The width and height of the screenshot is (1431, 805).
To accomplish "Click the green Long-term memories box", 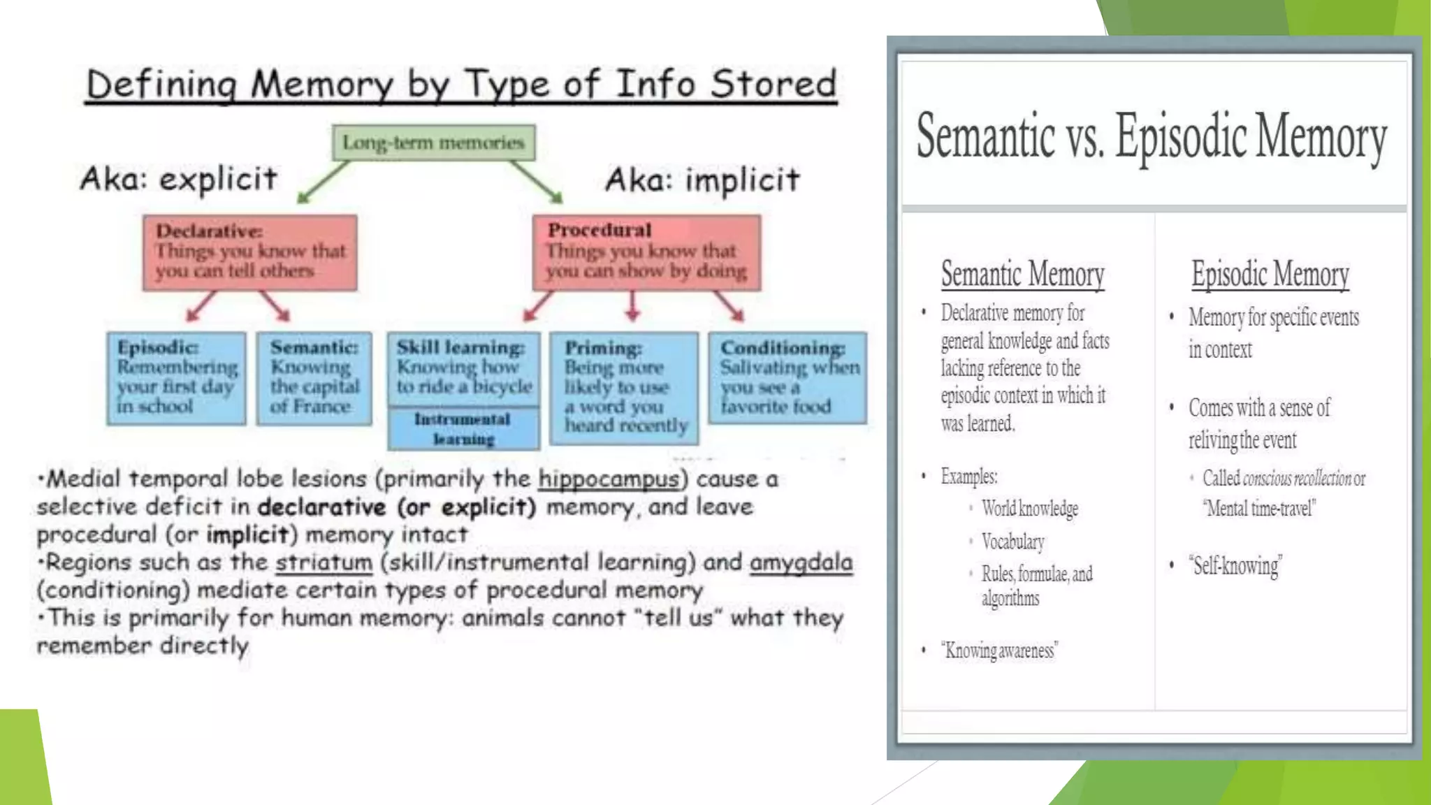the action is pos(433,143).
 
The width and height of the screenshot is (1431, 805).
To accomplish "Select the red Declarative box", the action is pos(249,252).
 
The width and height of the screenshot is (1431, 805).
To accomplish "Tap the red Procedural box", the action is pos(646,252).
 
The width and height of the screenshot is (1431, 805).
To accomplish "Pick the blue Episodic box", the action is pos(176,378).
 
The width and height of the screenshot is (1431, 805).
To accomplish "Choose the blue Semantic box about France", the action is pos(314,378).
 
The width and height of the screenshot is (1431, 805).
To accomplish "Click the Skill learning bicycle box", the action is pos(464,368).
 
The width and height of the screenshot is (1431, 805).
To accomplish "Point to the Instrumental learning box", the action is pos(463,429).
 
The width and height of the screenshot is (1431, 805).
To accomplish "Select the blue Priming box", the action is pos(624,388).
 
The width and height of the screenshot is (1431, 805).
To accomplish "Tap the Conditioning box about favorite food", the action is pos(787,378).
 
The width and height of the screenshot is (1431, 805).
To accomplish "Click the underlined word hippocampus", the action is pos(609,479).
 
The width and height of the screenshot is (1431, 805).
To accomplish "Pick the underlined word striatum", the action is pos(324,563).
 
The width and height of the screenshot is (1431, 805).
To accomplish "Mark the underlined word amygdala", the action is pos(801,563).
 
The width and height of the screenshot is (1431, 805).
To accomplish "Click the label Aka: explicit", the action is pos(179,179).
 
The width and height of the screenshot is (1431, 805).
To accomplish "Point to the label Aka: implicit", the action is pos(702,180).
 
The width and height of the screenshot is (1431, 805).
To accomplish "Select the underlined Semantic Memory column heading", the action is pos(1022,274).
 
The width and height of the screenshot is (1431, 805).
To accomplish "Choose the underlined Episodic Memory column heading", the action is pos(1270,274).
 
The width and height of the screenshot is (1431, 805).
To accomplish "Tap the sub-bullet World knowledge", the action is pos(1029,509).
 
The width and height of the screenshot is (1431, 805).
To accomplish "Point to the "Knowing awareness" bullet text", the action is pos(999,651).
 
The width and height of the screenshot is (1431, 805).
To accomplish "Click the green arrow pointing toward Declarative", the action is pos(323,182).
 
